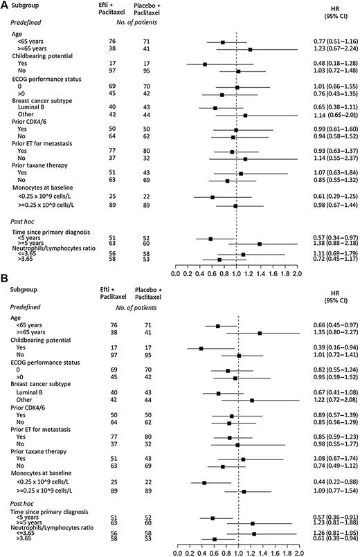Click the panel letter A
(6, 6)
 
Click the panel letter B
(6, 286)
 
